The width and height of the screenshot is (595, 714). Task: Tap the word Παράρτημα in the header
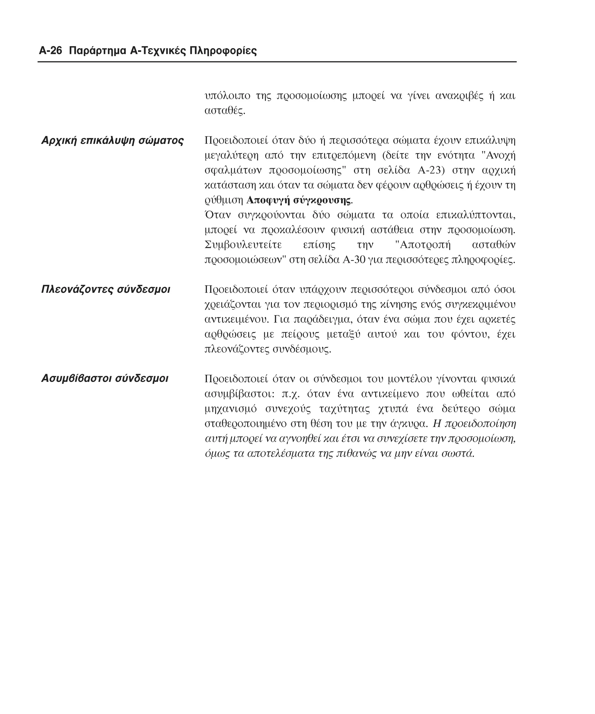click(98, 51)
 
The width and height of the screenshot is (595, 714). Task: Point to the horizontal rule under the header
click(277, 62)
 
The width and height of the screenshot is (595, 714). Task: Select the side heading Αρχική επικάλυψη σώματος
click(112, 140)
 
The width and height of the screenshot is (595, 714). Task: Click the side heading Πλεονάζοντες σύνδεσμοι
click(105, 289)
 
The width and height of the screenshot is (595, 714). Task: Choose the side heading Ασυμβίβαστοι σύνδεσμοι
click(105, 378)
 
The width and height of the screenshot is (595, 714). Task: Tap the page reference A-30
click(354, 260)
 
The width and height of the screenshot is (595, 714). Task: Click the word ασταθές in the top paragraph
click(224, 111)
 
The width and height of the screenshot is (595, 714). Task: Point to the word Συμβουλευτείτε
click(243, 245)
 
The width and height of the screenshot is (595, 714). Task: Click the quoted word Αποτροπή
click(425, 245)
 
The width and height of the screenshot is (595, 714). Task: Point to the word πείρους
click(301, 335)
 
